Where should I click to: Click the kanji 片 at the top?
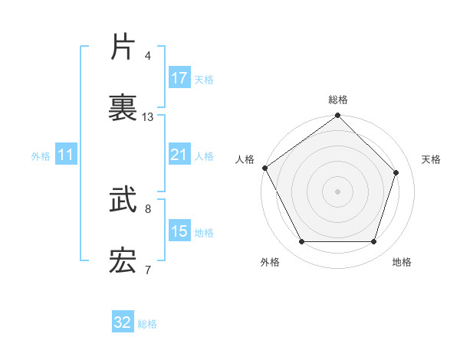tap(123, 47)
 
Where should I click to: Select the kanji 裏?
tap(123, 107)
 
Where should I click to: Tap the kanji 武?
tap(123, 201)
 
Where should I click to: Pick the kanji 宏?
tap(123, 262)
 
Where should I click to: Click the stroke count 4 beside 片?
tap(147, 56)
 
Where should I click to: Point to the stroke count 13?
tap(148, 117)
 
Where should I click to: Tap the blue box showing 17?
tap(179, 78)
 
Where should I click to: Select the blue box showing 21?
tap(179, 155)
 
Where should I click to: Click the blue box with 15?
tap(179, 231)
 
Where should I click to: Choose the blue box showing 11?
tap(66, 155)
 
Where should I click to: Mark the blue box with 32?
tap(123, 322)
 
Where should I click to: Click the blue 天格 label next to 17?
tap(204, 79)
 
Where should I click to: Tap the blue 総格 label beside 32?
tap(148, 324)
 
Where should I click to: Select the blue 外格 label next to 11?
tap(41, 156)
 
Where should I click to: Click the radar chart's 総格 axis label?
tap(338, 100)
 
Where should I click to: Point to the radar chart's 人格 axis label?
tap(245, 159)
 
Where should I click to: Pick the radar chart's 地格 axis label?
tap(402, 262)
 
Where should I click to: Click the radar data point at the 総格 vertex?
tap(337, 116)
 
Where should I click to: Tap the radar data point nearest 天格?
tap(396, 172)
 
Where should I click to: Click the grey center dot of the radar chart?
tap(337, 191)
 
